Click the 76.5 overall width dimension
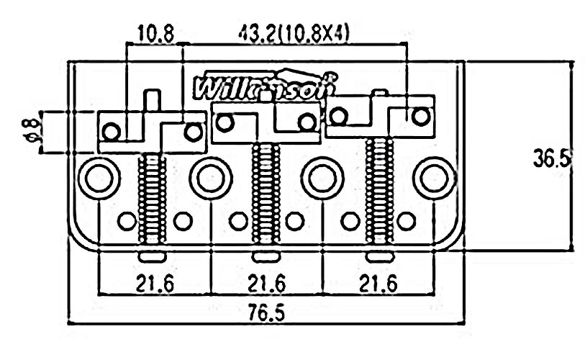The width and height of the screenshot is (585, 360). pyautogui.click(x=267, y=314)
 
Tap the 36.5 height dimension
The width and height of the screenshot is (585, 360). pyautogui.click(x=553, y=158)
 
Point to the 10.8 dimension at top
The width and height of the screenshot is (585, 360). pyautogui.click(x=155, y=33)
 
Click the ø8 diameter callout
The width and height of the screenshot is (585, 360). pyautogui.click(x=30, y=130)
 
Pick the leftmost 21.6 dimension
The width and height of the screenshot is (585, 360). pyautogui.click(x=155, y=283)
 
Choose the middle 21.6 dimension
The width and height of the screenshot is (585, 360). pyautogui.click(x=267, y=283)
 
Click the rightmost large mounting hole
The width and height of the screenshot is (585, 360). pyautogui.click(x=436, y=177)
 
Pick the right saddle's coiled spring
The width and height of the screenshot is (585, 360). pyautogui.click(x=379, y=189)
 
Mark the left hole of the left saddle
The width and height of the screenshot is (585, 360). pyautogui.click(x=112, y=132)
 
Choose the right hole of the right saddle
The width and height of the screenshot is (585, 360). pyautogui.click(x=421, y=114)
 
